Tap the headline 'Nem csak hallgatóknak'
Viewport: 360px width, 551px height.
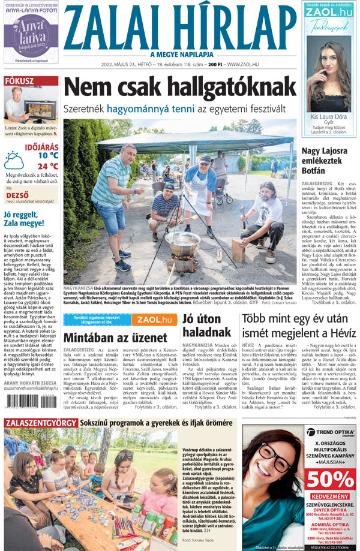(179, 87)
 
